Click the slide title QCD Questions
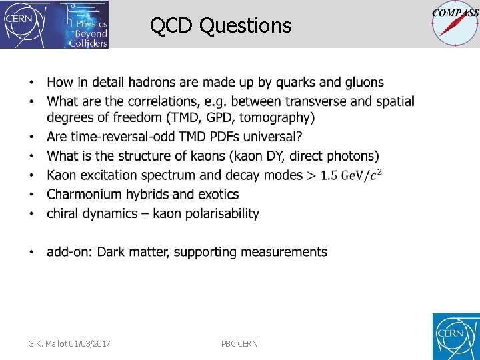[x=221, y=25]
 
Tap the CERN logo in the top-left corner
[x=21, y=24]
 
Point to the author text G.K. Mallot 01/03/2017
[x=69, y=343]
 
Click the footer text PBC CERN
[x=239, y=343]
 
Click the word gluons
[x=364, y=83]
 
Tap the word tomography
[x=273, y=118]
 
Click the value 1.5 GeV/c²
[x=351, y=175]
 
